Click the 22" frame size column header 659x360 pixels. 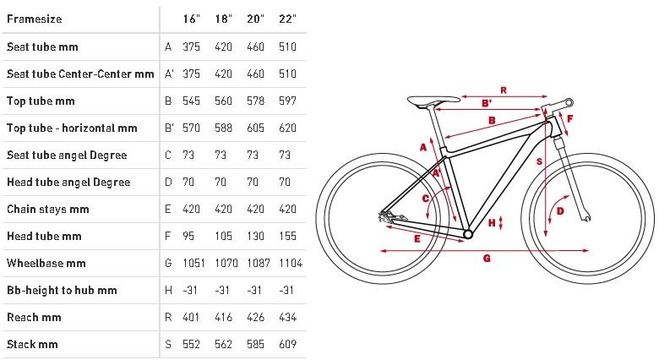287,19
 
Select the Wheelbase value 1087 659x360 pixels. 259,264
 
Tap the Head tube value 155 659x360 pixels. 287,237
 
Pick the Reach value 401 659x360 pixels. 191,317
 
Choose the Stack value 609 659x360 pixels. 287,345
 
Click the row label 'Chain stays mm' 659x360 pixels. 48,209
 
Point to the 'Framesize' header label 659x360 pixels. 35,19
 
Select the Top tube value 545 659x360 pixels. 191,101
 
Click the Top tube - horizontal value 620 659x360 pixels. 287,128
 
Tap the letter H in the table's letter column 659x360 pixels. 168,290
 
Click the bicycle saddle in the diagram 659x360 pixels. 433,101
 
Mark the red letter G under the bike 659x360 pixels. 487,258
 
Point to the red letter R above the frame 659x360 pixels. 504,90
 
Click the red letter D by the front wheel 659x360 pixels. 560,210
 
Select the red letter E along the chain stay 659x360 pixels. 417,239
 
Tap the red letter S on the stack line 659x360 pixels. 539,161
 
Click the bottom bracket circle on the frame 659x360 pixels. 468,233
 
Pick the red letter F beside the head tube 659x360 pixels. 570,118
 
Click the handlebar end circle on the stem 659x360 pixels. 569,102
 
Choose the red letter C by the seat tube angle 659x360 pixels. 425,199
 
